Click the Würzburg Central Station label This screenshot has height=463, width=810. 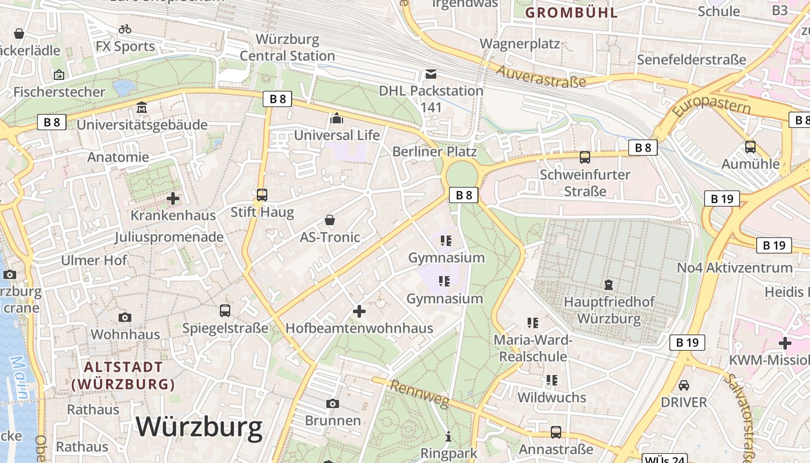[x=288, y=47]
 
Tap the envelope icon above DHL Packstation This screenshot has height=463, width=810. [x=431, y=74]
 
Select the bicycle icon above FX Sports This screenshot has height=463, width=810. [x=125, y=29]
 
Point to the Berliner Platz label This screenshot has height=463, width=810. [x=435, y=152]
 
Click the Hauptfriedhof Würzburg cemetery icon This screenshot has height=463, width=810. [x=609, y=285]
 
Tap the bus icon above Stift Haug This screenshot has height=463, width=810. [x=262, y=195]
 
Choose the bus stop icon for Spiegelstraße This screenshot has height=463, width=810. [x=225, y=311]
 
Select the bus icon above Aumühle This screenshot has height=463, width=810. [x=750, y=147]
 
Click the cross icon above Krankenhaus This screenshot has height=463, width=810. [x=172, y=199]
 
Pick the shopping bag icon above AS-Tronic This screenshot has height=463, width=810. [x=330, y=220]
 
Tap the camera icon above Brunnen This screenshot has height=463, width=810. [x=333, y=403]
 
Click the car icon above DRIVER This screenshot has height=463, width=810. [x=684, y=385]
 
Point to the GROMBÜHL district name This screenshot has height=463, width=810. [x=571, y=13]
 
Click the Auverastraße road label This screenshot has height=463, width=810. [x=542, y=76]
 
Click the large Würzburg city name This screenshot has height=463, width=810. [x=200, y=427]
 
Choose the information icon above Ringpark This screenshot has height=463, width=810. [x=448, y=436]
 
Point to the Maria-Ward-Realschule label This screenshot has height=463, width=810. [x=533, y=348]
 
